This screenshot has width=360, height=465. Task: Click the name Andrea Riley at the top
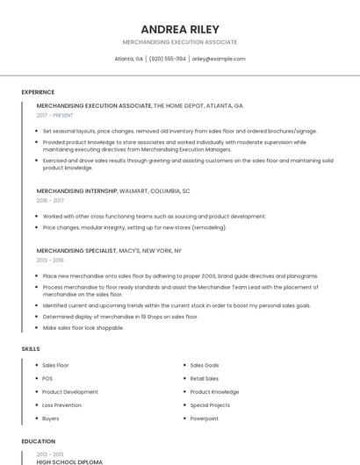point(179,29)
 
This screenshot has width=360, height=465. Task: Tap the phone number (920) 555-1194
point(168,59)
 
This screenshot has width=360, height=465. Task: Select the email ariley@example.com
point(219,59)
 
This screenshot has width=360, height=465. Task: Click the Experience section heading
point(38,92)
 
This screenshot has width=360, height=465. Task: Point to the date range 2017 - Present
point(55,115)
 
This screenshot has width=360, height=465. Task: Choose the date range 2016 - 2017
point(50,200)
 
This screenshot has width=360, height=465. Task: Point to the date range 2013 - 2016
point(50,260)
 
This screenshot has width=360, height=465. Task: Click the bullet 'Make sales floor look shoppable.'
point(85,327)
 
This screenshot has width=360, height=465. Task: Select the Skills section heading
point(31,349)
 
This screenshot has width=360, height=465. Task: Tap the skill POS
point(47,378)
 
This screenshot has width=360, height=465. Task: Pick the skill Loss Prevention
point(61,405)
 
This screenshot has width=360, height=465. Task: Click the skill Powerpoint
point(205,418)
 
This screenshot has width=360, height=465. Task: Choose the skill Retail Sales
point(205,378)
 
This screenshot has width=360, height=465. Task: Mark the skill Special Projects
point(210,405)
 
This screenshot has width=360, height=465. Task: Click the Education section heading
point(38,441)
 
